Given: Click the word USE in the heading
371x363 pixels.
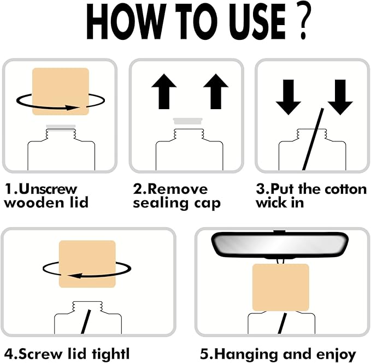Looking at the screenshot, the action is point(257,22).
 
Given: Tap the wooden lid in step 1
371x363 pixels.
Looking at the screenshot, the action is point(61,92).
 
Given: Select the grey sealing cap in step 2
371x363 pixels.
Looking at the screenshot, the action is point(187,121).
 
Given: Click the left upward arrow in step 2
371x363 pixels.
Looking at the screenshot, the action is point(164,92).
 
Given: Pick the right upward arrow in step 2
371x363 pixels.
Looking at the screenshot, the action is point(216,92).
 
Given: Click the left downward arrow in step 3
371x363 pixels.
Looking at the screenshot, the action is point(288,97).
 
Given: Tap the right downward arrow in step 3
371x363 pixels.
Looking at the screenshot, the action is point(340,97).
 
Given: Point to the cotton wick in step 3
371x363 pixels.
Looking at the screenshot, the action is point(313,139).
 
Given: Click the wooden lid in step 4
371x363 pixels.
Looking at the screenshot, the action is point(87,264).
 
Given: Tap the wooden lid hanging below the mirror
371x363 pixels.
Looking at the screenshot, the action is point(281,287).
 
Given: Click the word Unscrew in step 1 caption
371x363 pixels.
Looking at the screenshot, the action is point(48,189).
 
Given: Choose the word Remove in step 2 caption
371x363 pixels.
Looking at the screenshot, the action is point(178,189).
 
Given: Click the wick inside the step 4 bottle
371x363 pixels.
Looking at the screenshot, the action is point(86,322).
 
